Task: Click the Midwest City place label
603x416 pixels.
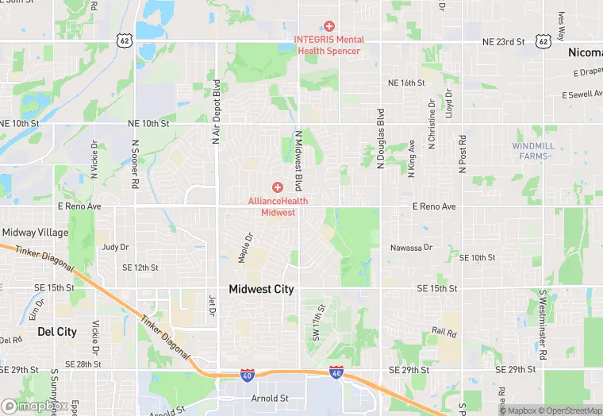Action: [261, 290]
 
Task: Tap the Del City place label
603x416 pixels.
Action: [57, 332]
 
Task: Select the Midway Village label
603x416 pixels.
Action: [35, 233]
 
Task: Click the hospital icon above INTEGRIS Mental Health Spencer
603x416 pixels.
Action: [329, 26]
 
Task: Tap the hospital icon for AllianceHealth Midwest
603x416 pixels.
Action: [278, 187]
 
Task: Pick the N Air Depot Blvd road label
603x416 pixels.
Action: [215, 111]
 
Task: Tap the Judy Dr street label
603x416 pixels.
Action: [115, 247]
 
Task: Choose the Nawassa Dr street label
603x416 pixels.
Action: [411, 248]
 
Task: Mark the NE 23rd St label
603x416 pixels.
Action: [505, 40]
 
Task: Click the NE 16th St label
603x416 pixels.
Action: [406, 83]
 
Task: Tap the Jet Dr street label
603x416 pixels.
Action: [212, 305]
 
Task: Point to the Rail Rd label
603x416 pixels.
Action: [444, 330]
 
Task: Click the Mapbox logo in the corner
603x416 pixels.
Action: [34, 406]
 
